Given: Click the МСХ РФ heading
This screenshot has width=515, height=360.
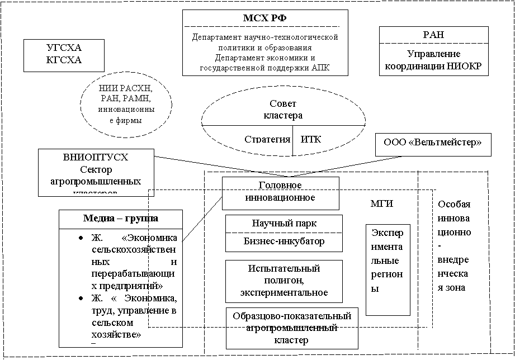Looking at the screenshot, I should (264, 18).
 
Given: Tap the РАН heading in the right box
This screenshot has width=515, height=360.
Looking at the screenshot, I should (433, 35).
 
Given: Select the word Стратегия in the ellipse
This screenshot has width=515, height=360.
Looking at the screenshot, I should (267, 139).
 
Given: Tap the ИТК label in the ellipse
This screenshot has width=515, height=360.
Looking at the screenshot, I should (311, 139).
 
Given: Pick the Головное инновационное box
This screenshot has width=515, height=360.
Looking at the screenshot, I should (281, 191).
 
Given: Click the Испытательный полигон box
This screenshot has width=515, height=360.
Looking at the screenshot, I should (284, 281).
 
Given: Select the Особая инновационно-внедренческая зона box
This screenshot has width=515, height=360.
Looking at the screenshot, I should (454, 254).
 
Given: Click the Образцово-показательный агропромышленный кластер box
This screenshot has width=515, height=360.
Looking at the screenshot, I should (292, 328).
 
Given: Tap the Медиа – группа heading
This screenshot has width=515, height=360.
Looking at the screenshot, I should (121, 218).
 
